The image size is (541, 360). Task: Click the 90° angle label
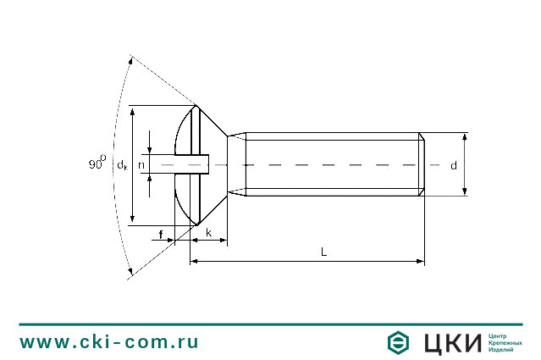97,163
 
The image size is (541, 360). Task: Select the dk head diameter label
123,164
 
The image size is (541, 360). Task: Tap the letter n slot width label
141,164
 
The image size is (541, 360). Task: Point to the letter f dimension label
161,232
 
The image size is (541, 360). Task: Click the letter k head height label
208,232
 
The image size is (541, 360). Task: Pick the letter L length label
323,252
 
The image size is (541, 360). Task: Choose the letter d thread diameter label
453,165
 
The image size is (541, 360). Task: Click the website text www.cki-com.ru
109,342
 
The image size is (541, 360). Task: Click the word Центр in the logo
498,335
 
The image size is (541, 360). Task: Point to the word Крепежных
505,343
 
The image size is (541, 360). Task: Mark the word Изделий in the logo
501,351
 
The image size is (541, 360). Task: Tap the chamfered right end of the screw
421,164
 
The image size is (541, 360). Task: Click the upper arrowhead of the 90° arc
130,58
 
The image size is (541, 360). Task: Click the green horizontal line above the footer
270,324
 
